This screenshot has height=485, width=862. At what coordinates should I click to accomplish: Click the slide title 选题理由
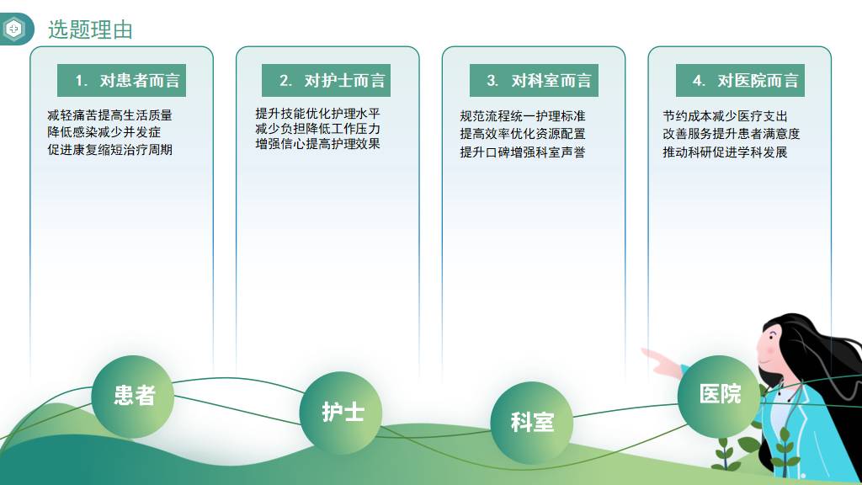coord(90,29)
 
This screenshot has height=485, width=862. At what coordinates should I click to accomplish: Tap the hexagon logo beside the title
coord(13,29)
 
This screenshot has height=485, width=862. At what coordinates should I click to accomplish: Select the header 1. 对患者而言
coord(121,80)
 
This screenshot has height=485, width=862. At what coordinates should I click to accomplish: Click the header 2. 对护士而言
coord(326,80)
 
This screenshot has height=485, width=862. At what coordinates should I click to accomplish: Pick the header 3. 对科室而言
coord(534,80)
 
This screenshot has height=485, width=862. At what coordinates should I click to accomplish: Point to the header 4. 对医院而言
coord(740,80)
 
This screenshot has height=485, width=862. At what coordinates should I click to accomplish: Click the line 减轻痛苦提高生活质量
coord(110,115)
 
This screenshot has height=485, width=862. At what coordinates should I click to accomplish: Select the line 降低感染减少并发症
coord(104,132)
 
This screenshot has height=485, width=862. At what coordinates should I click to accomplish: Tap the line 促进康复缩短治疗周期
coord(110,150)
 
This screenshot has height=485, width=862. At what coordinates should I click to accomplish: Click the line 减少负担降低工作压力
coord(317,129)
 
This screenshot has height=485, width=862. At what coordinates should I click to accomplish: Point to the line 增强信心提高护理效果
coord(317,143)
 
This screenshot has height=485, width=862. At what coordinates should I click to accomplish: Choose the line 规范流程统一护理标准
coord(523,116)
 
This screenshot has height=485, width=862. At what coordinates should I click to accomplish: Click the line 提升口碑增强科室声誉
coord(523,152)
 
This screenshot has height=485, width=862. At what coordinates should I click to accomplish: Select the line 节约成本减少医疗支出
coord(725,116)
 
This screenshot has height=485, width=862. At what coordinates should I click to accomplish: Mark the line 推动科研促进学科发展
coord(725,152)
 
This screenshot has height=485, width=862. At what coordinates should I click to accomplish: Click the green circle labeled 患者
coord(132,397)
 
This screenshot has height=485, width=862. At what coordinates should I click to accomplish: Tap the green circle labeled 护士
coord(341,413)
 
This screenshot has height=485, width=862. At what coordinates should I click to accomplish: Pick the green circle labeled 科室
coord(532,423)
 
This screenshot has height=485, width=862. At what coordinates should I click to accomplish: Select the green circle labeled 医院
coord(719,396)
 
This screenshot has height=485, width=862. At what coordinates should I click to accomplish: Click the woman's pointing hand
coord(660,361)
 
